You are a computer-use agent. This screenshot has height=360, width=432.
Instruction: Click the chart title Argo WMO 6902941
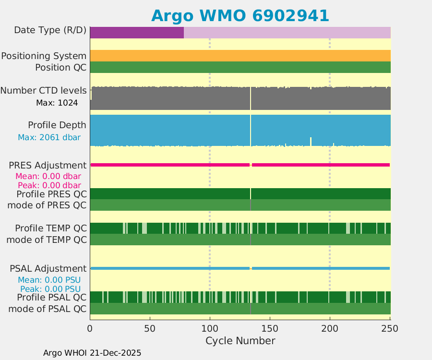240,15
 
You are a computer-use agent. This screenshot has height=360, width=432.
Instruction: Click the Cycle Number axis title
240,341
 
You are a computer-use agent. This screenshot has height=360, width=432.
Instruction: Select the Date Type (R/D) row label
50,30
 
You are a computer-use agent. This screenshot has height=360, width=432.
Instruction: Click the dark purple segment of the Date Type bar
137,32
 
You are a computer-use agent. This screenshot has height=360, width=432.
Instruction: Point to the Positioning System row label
44,56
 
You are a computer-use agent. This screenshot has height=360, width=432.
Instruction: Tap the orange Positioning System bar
240,56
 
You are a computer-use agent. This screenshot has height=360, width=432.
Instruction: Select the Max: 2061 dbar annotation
49,137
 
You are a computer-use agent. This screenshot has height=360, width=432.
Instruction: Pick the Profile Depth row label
57,125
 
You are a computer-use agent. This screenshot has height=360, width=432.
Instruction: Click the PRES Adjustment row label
48,166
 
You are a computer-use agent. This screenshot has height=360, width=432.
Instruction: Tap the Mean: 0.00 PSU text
49,280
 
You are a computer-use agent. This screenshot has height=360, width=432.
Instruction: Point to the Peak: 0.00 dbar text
49,185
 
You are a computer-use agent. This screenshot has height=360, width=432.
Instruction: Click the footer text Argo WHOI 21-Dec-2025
92,353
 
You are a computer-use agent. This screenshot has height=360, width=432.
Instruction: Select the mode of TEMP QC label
47,239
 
